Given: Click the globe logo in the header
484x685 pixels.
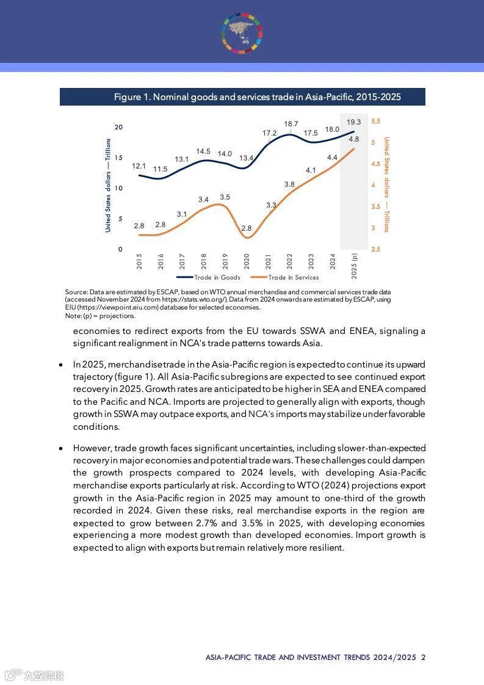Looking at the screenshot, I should point(242,32).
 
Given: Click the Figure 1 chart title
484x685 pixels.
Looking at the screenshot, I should point(257,97).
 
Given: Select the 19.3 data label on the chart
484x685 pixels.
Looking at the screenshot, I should point(354,122).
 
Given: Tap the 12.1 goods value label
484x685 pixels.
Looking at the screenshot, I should point(139,166).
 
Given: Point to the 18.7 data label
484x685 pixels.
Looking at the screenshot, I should point(291,123).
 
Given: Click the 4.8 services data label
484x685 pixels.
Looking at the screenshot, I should point(353,140).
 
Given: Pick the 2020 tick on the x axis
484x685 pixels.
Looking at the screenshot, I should point(247,261).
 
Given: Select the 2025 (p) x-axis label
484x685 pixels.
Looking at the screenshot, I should point(354,264).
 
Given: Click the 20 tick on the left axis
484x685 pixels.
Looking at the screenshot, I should point(119,127).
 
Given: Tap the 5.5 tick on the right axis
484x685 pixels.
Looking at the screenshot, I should point(375,121).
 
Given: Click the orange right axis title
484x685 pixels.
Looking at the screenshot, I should point(386,184).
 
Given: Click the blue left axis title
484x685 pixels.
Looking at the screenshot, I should point(108,184).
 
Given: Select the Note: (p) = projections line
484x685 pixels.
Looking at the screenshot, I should point(100,316).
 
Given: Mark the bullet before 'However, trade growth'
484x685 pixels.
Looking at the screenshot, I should point(61,448).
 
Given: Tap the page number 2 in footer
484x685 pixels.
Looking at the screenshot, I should point(423,658).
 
